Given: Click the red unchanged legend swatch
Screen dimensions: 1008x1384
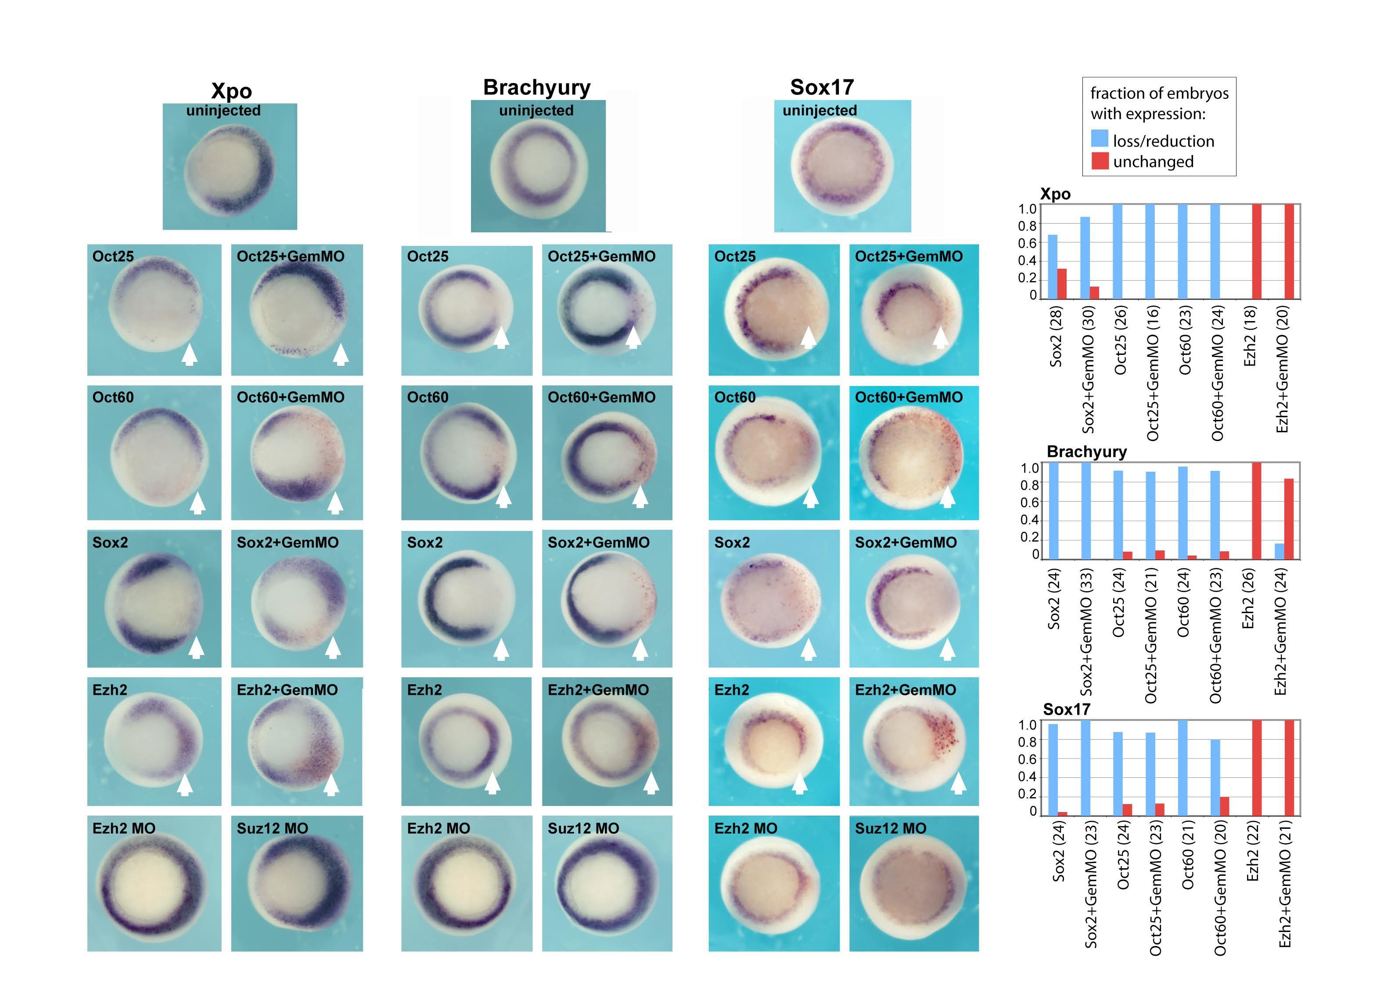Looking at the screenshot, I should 1099,161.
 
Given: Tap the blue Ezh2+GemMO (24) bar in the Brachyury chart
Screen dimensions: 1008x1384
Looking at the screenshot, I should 1279,551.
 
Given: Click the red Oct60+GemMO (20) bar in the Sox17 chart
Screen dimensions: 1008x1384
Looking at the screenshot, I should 1224,806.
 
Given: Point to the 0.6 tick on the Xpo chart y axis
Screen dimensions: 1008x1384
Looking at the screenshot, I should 1027,243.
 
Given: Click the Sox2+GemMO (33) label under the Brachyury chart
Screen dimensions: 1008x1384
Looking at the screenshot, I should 1086,632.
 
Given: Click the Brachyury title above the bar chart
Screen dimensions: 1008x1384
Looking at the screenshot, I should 1086,452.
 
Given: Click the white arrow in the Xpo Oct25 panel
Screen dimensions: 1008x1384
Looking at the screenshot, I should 190,354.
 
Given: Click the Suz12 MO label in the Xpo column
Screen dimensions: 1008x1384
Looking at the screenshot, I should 272,828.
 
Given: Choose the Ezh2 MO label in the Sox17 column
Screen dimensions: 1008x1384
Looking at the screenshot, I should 746,828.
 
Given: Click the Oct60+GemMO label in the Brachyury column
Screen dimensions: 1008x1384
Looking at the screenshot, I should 601,397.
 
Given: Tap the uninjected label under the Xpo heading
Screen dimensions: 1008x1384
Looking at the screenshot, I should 223,111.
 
